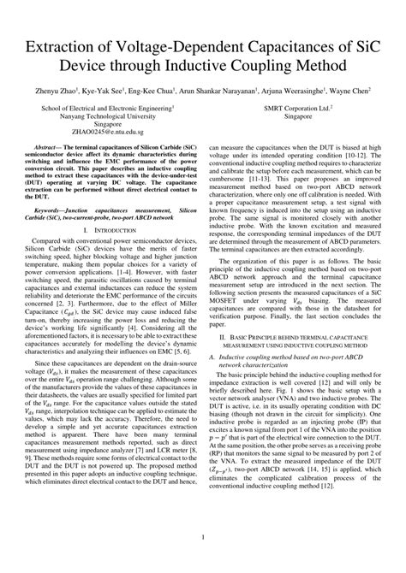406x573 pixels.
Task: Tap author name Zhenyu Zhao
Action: click(x=51, y=89)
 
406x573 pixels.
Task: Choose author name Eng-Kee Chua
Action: click(x=150, y=89)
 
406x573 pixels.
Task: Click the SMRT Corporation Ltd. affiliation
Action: click(x=303, y=109)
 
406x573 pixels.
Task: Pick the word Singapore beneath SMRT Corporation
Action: click(x=303, y=118)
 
